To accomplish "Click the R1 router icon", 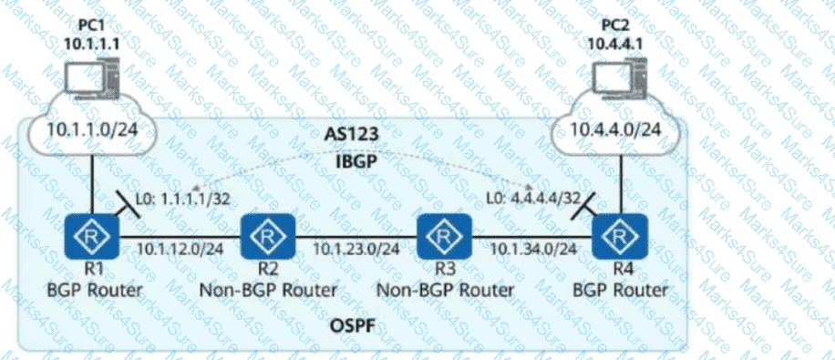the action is (x=91, y=236).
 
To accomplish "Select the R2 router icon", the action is (x=268, y=236).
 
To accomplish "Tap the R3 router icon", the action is (x=445, y=236).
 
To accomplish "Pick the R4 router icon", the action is (x=621, y=236).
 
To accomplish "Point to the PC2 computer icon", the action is (x=619, y=80).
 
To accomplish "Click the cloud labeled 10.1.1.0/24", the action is (x=92, y=130).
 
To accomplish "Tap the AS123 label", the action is (x=352, y=134).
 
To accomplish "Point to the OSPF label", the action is (x=352, y=324).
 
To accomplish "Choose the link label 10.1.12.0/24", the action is (x=180, y=248).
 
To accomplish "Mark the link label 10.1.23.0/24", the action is (x=356, y=248).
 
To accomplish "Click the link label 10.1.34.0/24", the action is (x=533, y=248).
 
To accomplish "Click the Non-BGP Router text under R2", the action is (x=268, y=291).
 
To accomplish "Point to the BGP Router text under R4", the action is (x=620, y=291).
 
